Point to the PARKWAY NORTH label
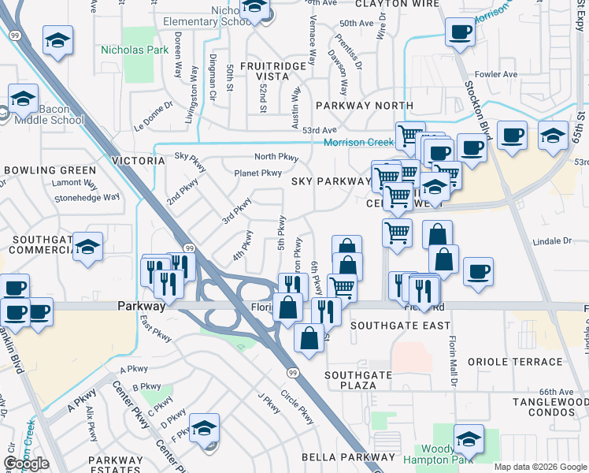click(364, 105)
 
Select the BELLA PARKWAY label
click(349, 457)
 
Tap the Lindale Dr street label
click(550, 240)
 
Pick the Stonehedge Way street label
click(87, 199)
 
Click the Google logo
click(26, 464)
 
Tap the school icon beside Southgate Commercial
click(87, 246)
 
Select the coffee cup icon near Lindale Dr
click(478, 272)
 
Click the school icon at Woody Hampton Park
click(469, 438)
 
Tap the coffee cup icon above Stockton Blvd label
click(460, 32)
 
